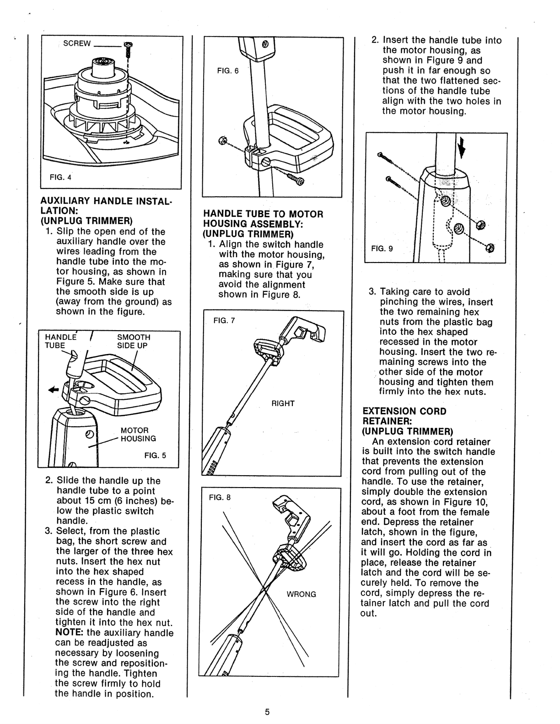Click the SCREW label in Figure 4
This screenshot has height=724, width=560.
76,44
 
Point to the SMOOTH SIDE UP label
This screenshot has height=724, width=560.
133,341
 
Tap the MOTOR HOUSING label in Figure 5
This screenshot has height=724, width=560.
138,434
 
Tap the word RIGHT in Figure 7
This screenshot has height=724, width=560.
283,403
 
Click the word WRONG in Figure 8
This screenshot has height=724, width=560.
302,595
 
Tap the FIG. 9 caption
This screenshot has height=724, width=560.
382,248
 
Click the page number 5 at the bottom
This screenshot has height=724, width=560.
268,712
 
